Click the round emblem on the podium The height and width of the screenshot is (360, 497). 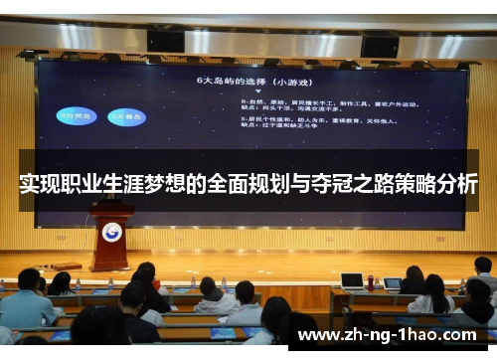click(x=111, y=232)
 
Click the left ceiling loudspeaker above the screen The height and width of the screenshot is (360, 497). click(x=165, y=41)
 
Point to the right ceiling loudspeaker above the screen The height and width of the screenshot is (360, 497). click(x=379, y=45)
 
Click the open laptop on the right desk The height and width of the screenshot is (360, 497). click(x=352, y=280)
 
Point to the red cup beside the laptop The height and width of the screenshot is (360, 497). click(x=371, y=281)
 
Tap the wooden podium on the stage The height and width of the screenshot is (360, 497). click(x=111, y=239)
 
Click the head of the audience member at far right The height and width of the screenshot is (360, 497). click(x=484, y=266)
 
